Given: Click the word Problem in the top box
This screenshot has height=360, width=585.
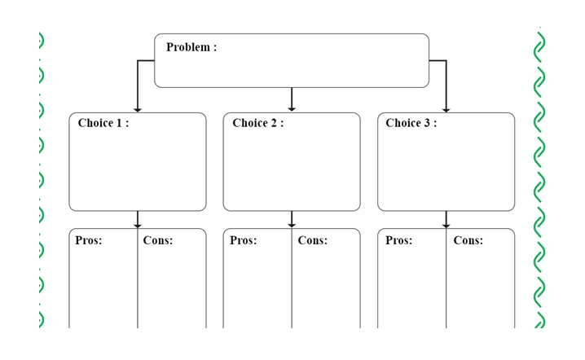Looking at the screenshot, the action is [188, 47].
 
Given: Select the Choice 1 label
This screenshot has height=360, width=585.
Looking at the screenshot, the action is [103, 123].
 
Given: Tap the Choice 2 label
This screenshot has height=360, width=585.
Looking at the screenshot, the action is [257, 123].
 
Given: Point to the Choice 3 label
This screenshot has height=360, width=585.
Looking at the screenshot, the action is [411, 123].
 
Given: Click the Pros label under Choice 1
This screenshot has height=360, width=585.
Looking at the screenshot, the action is [89, 240].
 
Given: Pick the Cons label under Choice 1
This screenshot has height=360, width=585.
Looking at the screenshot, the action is [158, 240].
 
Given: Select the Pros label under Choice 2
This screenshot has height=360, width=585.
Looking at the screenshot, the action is [244, 240].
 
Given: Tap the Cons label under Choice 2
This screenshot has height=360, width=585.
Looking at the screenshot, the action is [313, 240].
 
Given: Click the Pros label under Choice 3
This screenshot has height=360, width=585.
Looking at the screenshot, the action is [399, 240].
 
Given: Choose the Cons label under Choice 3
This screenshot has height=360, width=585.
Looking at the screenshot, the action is [468, 240].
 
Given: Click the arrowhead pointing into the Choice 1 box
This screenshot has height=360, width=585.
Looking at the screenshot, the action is [138, 110].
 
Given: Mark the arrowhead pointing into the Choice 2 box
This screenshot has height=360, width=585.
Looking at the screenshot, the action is [292, 109].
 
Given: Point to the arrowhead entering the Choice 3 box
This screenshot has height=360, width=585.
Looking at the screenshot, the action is [446, 110].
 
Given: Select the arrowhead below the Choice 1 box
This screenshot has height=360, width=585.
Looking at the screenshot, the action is [138, 226].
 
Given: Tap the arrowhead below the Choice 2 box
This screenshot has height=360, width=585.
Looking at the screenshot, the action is [292, 226].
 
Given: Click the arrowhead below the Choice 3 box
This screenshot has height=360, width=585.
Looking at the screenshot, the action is [446, 226].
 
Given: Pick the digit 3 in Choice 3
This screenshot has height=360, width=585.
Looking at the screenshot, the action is [427, 123].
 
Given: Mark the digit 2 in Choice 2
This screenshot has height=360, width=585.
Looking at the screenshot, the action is [274, 123].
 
